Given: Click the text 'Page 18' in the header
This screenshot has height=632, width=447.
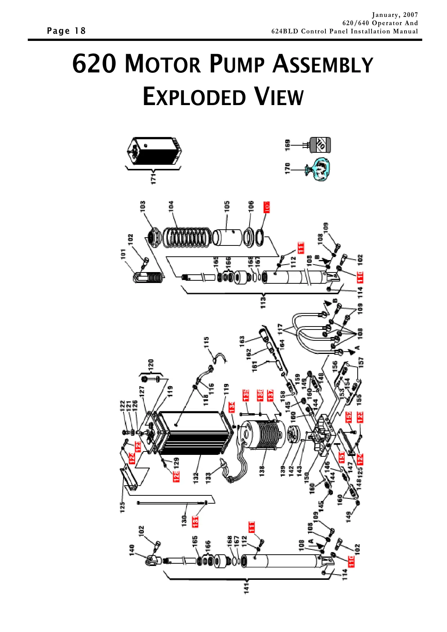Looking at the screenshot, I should (x=66, y=31).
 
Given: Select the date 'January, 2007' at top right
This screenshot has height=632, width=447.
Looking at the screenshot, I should (x=394, y=15).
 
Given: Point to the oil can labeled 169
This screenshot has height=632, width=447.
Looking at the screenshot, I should (x=320, y=145).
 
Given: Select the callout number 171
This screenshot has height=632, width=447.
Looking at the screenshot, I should (x=154, y=178).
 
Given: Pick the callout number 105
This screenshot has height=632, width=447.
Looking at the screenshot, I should (x=227, y=207).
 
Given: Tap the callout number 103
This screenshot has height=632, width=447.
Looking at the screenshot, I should (x=143, y=206).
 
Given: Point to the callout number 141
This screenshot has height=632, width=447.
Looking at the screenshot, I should (x=246, y=588).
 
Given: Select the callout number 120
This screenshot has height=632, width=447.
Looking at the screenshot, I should (x=151, y=364).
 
